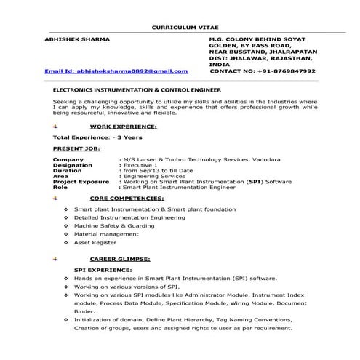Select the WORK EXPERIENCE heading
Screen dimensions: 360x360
(128, 126)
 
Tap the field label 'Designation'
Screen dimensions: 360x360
(73, 165)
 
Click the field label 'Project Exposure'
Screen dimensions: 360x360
(81, 182)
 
